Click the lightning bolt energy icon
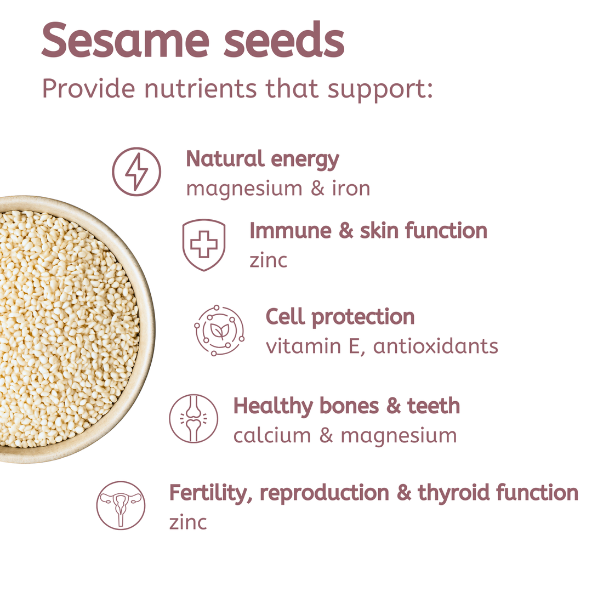tap(136, 172)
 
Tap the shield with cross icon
tap(203, 245)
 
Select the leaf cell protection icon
tap(219, 331)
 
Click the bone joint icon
tap(193, 419)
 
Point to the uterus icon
tap(121, 505)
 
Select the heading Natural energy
tap(263, 160)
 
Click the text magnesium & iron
tap(278, 188)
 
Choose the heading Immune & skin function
tap(368, 231)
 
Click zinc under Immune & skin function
tap(268, 260)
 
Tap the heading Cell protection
tap(340, 317)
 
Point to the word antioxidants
tap(436, 346)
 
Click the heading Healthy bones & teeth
tap(346, 406)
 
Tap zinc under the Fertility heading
tap(188, 522)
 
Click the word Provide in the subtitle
tap(88, 88)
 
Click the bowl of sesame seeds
tap(66, 329)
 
